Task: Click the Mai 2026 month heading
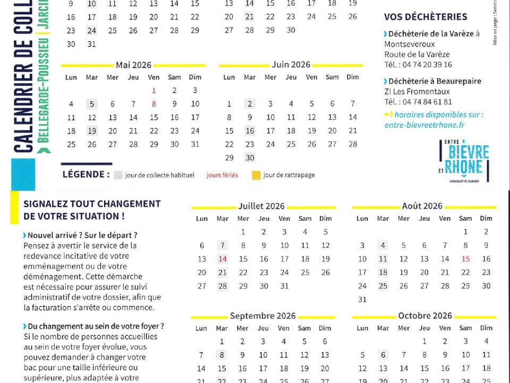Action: pos(133,65)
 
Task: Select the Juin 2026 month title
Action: pos(291,64)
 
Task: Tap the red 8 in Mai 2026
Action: pos(154,104)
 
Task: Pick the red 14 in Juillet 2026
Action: pos(223,259)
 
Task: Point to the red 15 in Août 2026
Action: pos(465,259)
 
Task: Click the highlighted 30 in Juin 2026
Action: pos(250,157)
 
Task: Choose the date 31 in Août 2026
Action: pos(362,299)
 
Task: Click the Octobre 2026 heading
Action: pos(424,316)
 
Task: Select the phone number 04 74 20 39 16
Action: pos(426,64)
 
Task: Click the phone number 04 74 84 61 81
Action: pos(426,102)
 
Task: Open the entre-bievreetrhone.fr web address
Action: pos(424,124)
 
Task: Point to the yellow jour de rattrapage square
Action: pos(256,175)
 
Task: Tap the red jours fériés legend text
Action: pos(223,175)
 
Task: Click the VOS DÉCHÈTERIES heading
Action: pos(426,17)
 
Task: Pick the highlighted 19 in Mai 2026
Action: pos(92,131)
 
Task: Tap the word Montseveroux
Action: pos(410,44)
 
